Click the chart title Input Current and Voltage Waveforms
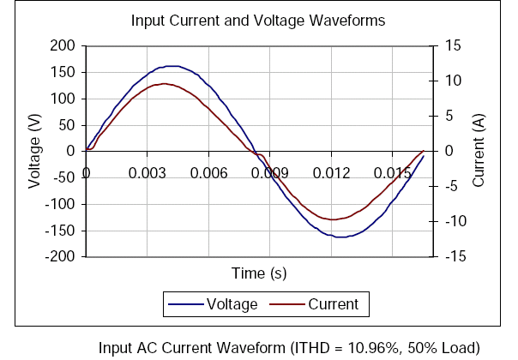point(257,19)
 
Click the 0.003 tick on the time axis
point(147,172)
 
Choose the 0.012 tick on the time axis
point(331,172)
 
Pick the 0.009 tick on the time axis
point(269,172)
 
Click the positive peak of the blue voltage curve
point(172,66)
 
